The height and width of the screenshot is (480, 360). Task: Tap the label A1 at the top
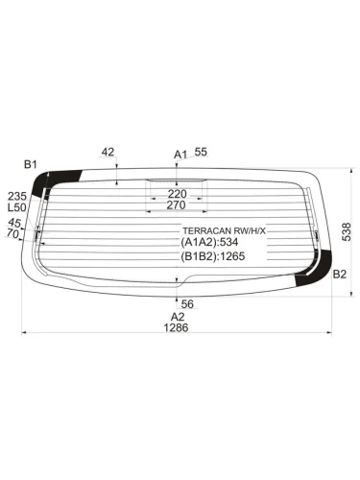pos(180,154)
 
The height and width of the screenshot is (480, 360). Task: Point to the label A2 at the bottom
pos(178,316)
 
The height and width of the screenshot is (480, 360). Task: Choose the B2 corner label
pos(339,275)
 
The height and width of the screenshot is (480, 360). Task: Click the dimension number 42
pos(108,152)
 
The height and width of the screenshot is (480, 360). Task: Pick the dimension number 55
pos(201,152)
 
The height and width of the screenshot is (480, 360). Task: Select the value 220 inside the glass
pos(176,194)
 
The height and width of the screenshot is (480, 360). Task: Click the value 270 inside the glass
pos(176,205)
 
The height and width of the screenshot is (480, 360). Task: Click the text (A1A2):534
pos(212,244)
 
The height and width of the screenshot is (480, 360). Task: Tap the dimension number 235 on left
pos(15,195)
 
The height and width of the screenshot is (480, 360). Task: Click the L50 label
pos(16,207)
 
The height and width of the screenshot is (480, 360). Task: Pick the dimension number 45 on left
pos(13,222)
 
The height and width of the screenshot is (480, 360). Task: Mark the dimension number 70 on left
pos(12,233)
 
